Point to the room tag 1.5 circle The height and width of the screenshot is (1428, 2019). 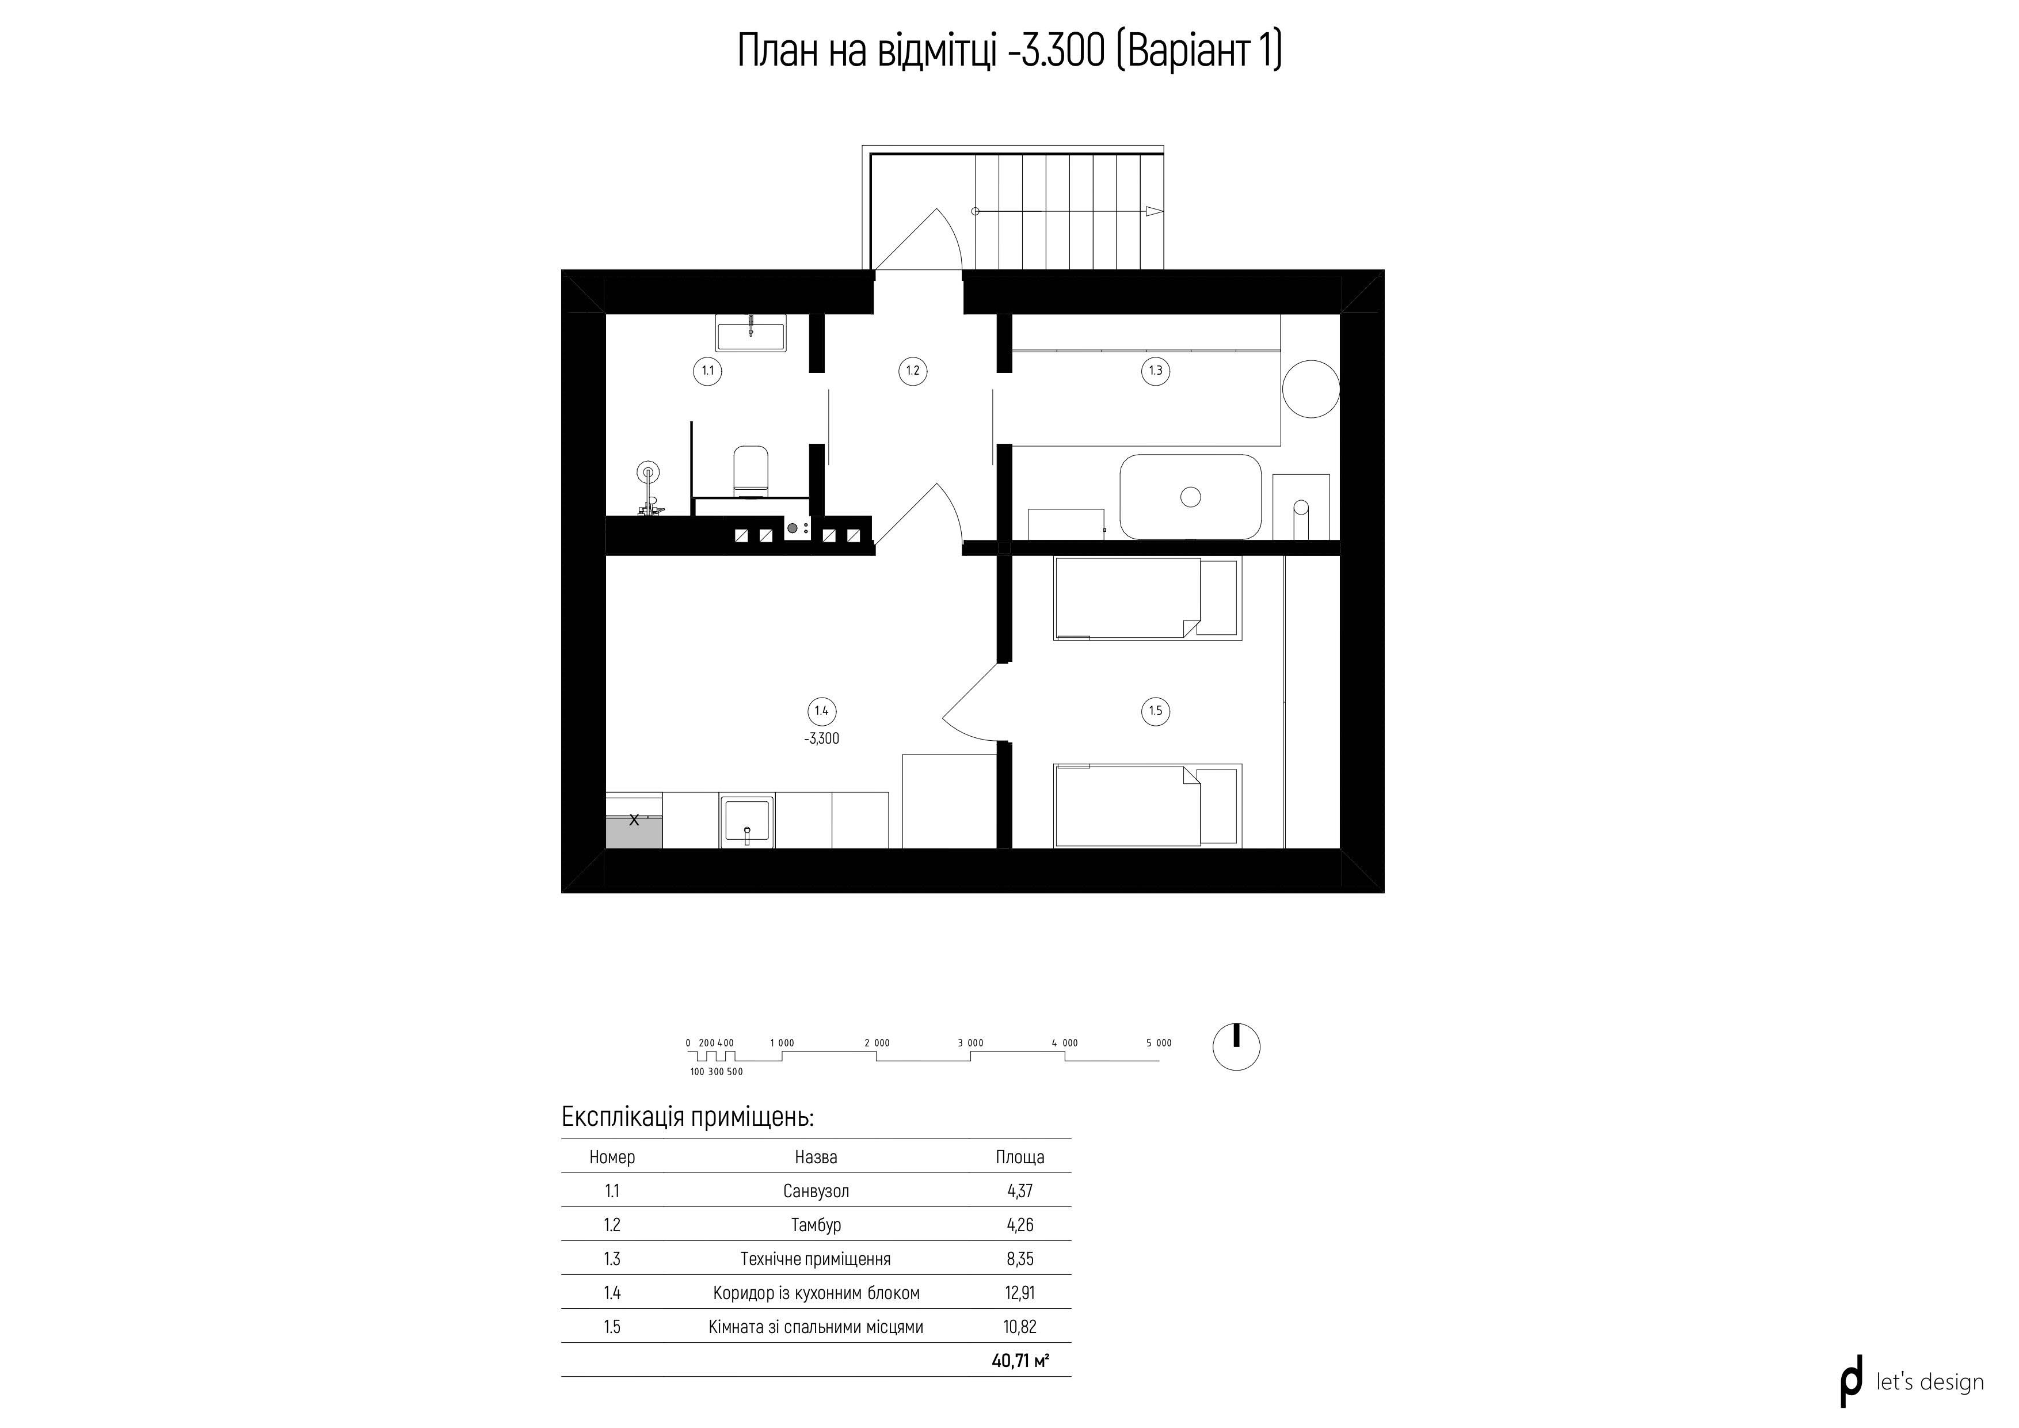pos(1156,710)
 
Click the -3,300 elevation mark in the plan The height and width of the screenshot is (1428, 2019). pos(821,738)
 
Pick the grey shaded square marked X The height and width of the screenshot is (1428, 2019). pos(634,832)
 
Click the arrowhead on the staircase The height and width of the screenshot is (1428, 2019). pos(1155,212)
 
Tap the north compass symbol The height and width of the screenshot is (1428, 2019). pos(1236,1048)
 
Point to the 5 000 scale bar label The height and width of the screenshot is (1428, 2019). pos(1159,1043)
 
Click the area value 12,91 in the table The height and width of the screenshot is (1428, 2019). pos(1020,1293)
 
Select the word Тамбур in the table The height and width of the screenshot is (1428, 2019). pos(816,1225)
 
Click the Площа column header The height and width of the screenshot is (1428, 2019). pos(1020,1157)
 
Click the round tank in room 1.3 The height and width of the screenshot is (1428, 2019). pos(1311,389)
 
